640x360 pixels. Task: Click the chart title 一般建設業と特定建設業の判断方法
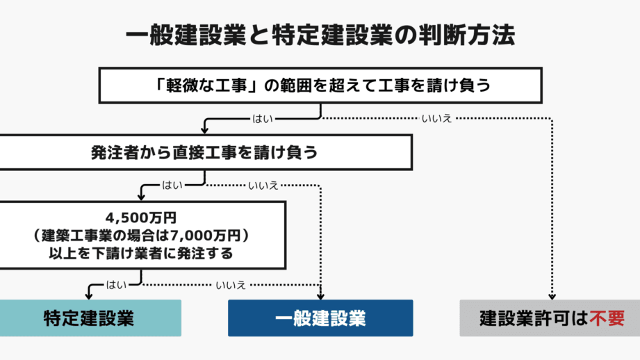[320, 35]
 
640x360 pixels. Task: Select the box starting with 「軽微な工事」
[320, 85]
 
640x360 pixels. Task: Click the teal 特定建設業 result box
[90, 318]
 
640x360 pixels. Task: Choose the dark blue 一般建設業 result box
[320, 318]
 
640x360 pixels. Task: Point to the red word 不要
[607, 318]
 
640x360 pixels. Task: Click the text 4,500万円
[141, 218]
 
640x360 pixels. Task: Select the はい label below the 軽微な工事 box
[263, 119]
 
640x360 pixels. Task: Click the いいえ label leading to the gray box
[436, 119]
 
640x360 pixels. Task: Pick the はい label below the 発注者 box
[172, 186]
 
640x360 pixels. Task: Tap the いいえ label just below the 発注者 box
[263, 186]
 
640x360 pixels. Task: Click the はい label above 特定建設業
[116, 285]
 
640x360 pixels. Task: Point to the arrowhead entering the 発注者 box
[205, 130]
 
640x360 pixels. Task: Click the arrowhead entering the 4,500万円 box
[141, 197]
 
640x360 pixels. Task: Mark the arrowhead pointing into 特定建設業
[89, 295]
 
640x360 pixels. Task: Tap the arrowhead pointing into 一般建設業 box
[320, 296]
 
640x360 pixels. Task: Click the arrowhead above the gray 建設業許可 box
[552, 296]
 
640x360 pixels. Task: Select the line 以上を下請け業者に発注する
[141, 254]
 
